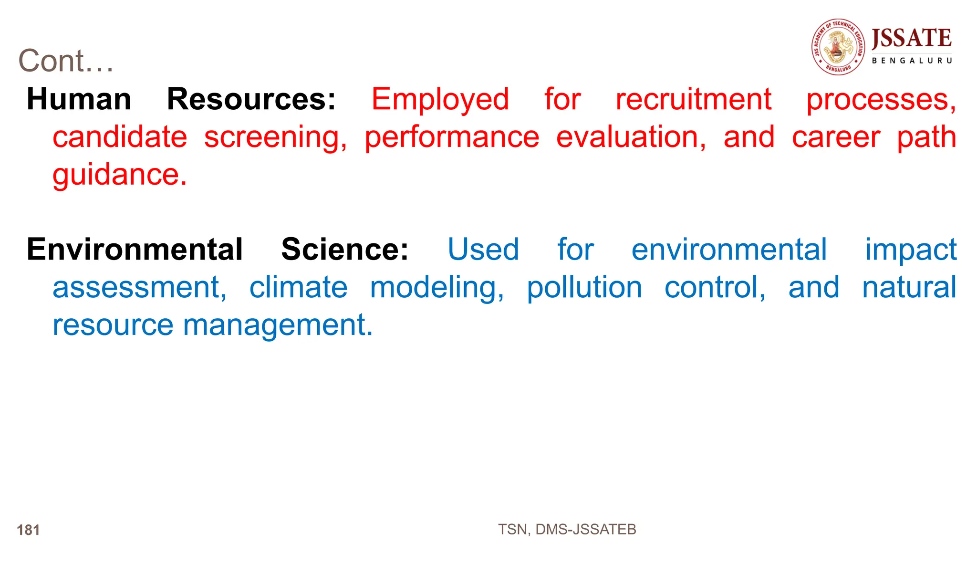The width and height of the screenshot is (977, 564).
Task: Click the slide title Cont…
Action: pyautogui.click(x=66, y=61)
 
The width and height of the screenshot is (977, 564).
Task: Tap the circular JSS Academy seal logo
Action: pyautogui.click(x=838, y=47)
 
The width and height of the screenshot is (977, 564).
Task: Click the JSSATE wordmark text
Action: pyautogui.click(x=912, y=38)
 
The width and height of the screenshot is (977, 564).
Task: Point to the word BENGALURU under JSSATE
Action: pyautogui.click(x=912, y=61)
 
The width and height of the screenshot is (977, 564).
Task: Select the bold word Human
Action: pyautogui.click(x=79, y=99)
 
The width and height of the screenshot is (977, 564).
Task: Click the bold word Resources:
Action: pyautogui.click(x=251, y=99)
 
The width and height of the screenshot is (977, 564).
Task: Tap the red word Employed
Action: pyautogui.click(x=440, y=100)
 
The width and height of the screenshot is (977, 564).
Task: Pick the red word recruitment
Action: pyautogui.click(x=693, y=99)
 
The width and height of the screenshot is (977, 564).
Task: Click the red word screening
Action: pyautogui.click(x=275, y=138)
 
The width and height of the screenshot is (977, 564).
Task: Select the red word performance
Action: pyautogui.click(x=452, y=138)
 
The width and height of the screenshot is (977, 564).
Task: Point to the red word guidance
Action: pyautogui.click(x=119, y=175)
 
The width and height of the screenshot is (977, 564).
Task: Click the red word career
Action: pyautogui.click(x=836, y=137)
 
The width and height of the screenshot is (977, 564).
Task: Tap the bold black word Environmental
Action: pyautogui.click(x=135, y=249)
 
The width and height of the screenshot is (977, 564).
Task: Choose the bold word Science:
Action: pyautogui.click(x=344, y=249)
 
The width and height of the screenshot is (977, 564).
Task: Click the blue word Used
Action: pyautogui.click(x=483, y=249)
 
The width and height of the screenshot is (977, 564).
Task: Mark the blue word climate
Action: pyautogui.click(x=298, y=287)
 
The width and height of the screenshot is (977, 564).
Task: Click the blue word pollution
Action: pyautogui.click(x=584, y=288)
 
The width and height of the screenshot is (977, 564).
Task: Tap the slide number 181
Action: pyautogui.click(x=28, y=530)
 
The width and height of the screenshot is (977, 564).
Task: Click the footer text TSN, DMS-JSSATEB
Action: pyautogui.click(x=567, y=529)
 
